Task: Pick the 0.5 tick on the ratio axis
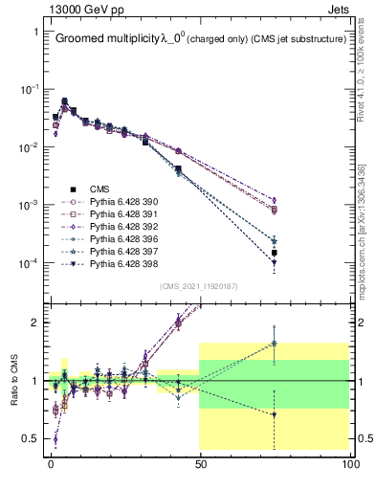point(30,438)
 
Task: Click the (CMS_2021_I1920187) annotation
point(200,286)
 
